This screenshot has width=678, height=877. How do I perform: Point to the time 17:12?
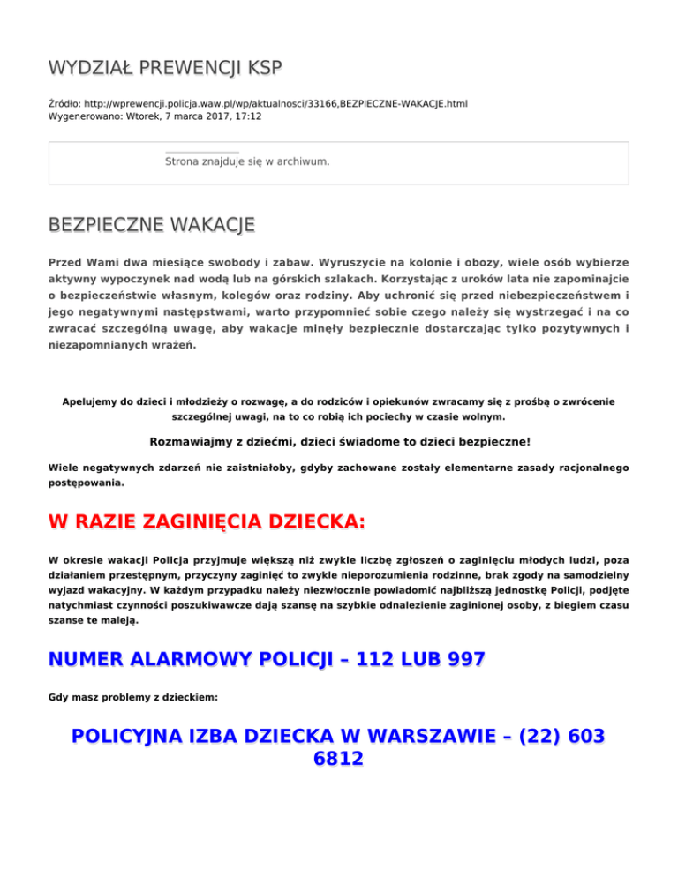pyautogui.click(x=247, y=116)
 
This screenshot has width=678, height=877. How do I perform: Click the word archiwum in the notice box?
pyautogui.click(x=301, y=161)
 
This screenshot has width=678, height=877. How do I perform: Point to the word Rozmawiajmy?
pyautogui.click(x=188, y=441)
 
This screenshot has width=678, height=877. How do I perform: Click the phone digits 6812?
pyautogui.click(x=338, y=759)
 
